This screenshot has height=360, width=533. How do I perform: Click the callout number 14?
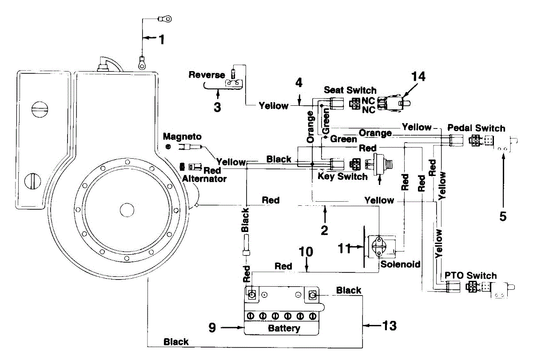(418, 76)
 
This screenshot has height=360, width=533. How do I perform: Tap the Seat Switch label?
(350, 90)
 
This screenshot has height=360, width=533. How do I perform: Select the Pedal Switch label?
(476, 128)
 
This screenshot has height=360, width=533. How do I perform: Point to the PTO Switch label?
(471, 276)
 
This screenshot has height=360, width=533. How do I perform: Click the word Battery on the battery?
(284, 328)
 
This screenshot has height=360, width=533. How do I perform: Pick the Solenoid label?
(400, 264)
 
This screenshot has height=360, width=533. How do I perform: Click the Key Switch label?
(342, 176)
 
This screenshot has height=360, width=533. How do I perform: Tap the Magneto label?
(182, 137)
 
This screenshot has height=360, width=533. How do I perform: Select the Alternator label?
(204, 179)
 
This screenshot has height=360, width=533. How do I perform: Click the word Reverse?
(207, 75)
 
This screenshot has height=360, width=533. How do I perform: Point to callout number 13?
(390, 326)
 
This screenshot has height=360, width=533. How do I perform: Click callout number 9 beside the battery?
(212, 328)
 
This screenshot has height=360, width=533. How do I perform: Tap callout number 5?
(503, 216)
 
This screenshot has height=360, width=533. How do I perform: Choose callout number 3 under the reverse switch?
(217, 108)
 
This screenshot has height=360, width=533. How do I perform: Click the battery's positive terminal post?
(252, 295)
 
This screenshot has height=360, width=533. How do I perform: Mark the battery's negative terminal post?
(312, 296)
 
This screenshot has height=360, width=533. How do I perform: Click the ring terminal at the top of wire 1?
(165, 19)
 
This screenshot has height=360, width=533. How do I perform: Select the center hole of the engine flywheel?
(127, 210)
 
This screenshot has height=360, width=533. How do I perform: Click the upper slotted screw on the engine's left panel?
(40, 109)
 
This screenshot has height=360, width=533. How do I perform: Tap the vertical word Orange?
(310, 127)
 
